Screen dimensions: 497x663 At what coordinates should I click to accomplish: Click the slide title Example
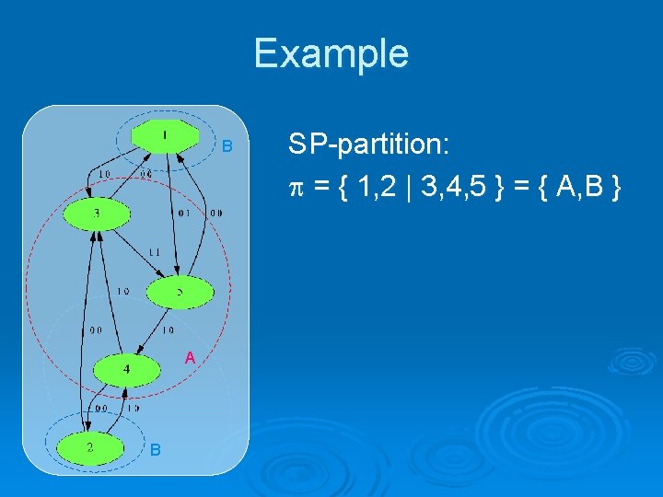click(x=331, y=53)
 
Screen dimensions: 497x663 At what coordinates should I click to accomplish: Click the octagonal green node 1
click(x=165, y=137)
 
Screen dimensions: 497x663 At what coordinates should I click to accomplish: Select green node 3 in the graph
click(x=97, y=214)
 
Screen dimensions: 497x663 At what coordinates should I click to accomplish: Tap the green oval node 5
click(x=180, y=293)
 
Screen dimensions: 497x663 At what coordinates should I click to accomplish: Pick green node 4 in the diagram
click(x=126, y=370)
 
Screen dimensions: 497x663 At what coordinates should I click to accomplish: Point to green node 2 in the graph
click(x=89, y=448)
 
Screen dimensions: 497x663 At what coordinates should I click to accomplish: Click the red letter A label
click(x=189, y=357)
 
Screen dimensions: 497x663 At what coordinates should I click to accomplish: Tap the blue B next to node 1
click(x=229, y=147)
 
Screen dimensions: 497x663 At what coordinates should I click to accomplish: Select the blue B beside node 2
click(x=156, y=449)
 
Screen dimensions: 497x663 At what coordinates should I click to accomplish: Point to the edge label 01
click(x=184, y=214)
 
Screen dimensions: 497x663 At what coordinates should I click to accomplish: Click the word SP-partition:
click(x=367, y=144)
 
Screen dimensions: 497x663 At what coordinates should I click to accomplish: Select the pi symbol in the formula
click(x=295, y=189)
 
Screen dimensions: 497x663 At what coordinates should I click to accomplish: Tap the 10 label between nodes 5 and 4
click(x=169, y=329)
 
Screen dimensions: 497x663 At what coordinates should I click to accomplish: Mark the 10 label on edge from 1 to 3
click(x=106, y=173)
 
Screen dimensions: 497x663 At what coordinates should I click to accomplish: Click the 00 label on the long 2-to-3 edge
click(x=95, y=329)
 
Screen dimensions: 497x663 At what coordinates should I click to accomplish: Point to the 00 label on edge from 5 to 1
click(x=215, y=214)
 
